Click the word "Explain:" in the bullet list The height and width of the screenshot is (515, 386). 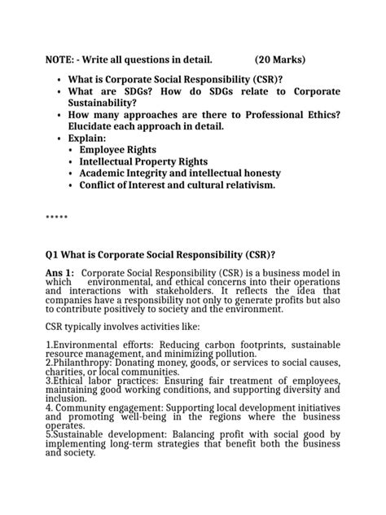87,139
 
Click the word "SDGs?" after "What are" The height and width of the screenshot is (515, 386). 141,92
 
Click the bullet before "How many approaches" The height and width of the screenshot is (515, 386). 60,116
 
